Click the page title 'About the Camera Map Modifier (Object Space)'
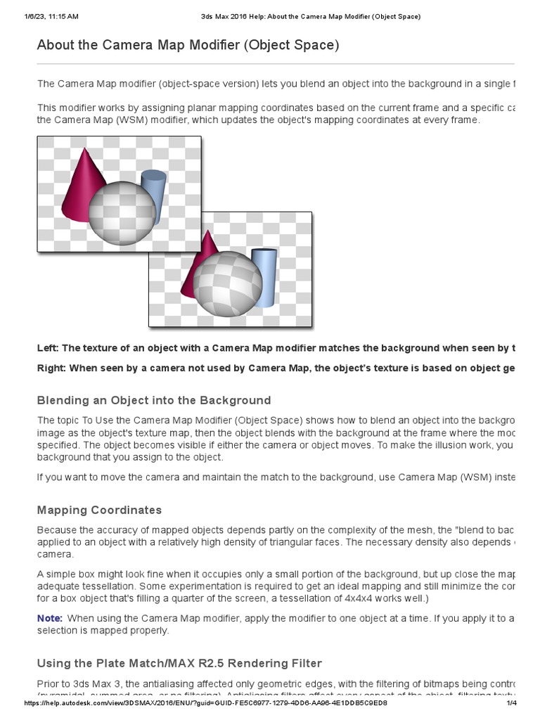tap(188, 46)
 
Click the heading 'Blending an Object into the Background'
tap(153, 400)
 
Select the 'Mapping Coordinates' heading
tap(99, 510)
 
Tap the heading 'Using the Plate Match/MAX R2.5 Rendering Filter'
tap(179, 662)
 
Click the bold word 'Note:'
tap(50, 617)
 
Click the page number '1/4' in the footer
tap(512, 703)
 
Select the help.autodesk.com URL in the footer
tap(205, 703)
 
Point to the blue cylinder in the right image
tap(264, 277)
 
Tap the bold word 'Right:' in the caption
tap(51, 368)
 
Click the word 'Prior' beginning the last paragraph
tap(49, 683)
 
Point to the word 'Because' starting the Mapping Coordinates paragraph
tap(56, 529)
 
